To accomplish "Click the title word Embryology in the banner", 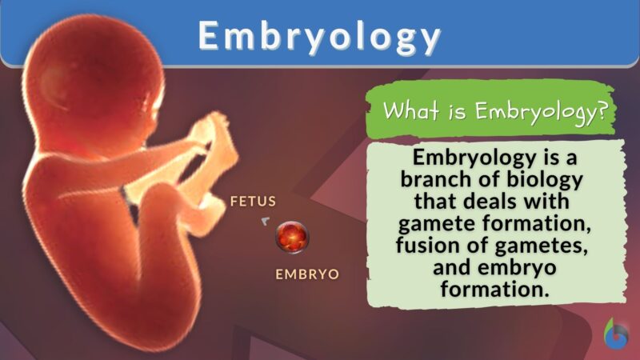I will tap(319, 37).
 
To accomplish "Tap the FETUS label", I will tap(254, 201).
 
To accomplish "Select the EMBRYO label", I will tap(307, 274).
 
